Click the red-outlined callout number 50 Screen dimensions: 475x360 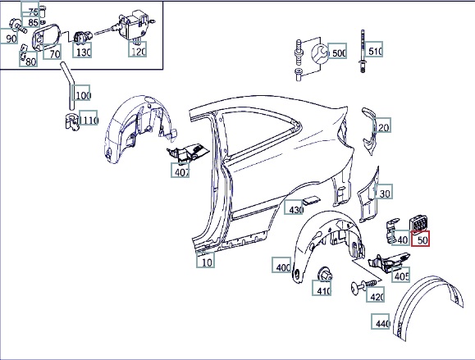pyautogui.click(x=420, y=239)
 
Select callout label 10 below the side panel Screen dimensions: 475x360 pyautogui.click(x=205, y=260)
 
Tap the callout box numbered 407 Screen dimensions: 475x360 pyautogui.click(x=180, y=171)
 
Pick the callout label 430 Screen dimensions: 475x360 pyautogui.click(x=293, y=207)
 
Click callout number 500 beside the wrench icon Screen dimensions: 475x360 pyautogui.click(x=337, y=51)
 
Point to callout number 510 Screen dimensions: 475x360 pyautogui.click(x=373, y=49)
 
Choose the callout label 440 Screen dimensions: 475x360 pyautogui.click(x=381, y=321)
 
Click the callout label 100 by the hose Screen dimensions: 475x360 pyautogui.click(x=80, y=93)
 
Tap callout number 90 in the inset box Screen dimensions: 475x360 pyautogui.click(x=9, y=36)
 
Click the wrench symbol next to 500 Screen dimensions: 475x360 pyautogui.click(x=320, y=54)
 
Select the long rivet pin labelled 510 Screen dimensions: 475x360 pyautogui.click(x=363, y=51)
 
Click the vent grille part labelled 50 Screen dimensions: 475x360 pyautogui.click(x=418, y=224)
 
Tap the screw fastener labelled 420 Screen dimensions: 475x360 pyautogui.click(x=364, y=285)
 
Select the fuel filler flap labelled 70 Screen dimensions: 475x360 pyautogui.click(x=46, y=37)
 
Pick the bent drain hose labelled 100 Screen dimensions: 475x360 pyautogui.click(x=67, y=85)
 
